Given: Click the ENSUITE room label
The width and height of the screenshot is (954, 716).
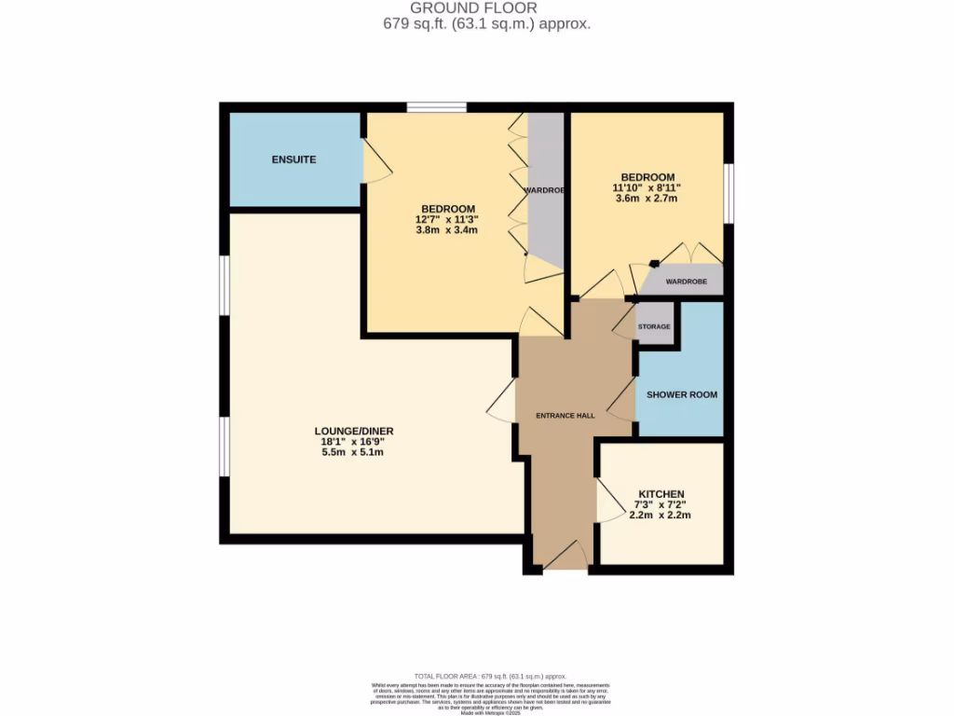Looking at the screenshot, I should click(293, 159).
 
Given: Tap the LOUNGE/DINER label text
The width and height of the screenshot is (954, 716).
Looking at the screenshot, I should click(354, 431).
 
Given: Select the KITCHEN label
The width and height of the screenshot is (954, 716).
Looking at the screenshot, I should click(661, 494).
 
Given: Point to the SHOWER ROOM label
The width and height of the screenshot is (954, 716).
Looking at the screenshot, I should click(682, 394).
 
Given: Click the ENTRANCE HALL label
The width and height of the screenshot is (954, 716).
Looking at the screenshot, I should click(566, 416).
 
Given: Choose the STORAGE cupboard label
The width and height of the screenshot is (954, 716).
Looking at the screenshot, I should click(654, 327).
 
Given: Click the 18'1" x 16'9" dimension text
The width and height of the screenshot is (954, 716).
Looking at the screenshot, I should click(354, 442).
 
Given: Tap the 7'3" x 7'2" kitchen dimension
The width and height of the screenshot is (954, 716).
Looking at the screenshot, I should click(661, 504).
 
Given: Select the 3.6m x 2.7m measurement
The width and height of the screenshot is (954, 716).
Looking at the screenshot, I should click(643, 198).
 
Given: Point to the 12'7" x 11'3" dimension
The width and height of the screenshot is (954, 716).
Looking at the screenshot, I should click(448, 219).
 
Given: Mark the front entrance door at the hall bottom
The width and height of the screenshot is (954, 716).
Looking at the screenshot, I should click(565, 557).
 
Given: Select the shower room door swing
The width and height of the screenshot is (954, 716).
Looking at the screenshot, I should click(620, 401).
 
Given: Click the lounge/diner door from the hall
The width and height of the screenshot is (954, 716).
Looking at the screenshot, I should click(501, 402).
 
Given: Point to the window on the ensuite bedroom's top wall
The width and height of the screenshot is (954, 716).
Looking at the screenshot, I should click(437, 108).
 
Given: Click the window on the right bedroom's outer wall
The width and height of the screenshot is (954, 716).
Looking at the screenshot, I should click(729, 194).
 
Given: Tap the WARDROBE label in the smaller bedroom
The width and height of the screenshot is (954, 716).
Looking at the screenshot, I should click(686, 282).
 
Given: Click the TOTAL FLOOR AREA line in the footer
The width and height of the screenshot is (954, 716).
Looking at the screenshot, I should click(477, 676).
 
